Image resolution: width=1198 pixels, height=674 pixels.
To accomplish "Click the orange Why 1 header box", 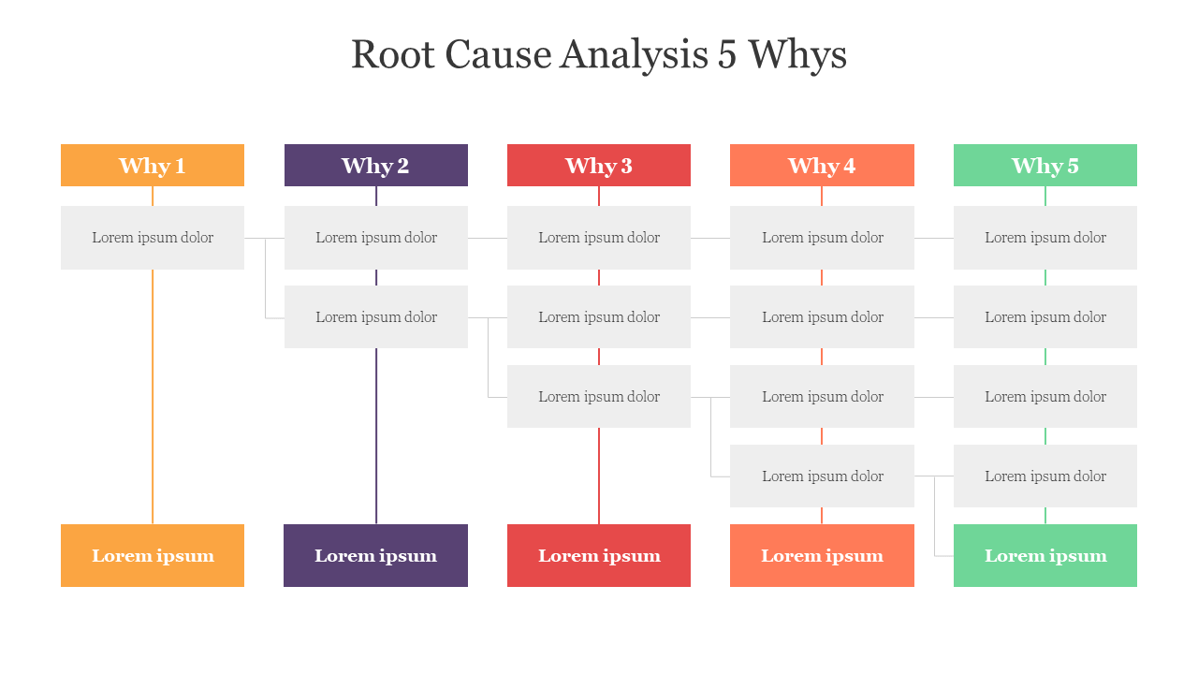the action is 153,166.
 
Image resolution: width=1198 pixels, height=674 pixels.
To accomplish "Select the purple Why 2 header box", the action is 376,166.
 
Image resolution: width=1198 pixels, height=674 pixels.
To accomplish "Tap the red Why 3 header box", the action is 599,166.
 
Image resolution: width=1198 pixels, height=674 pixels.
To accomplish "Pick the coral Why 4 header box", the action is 822,166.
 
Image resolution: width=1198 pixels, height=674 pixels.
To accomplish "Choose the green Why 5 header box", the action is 1045,166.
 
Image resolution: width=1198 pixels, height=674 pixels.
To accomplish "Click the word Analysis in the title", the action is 635,55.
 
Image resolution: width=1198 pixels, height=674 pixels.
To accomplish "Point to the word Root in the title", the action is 392,54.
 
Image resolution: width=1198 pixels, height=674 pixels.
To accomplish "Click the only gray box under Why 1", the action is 153,238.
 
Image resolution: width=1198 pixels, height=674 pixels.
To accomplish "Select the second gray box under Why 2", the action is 376,317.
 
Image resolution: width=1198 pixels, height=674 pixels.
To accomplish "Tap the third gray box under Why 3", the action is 599,396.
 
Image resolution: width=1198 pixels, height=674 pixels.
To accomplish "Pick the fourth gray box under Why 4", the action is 822,476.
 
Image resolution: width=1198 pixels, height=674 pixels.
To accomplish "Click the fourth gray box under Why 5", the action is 1045,476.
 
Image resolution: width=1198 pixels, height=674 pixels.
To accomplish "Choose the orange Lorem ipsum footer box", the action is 153,556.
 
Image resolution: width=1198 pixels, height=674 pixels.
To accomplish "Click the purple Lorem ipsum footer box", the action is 376,556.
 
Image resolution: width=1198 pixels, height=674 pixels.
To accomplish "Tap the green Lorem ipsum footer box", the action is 1045,556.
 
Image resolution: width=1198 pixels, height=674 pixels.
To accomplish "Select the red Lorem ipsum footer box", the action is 599,556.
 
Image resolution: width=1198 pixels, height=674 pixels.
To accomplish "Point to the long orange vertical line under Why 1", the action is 153,397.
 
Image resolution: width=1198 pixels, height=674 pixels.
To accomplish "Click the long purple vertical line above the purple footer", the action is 376,436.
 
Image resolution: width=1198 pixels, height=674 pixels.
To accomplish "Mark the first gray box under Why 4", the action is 822,238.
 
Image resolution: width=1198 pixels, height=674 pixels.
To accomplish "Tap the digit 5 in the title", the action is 727,54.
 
